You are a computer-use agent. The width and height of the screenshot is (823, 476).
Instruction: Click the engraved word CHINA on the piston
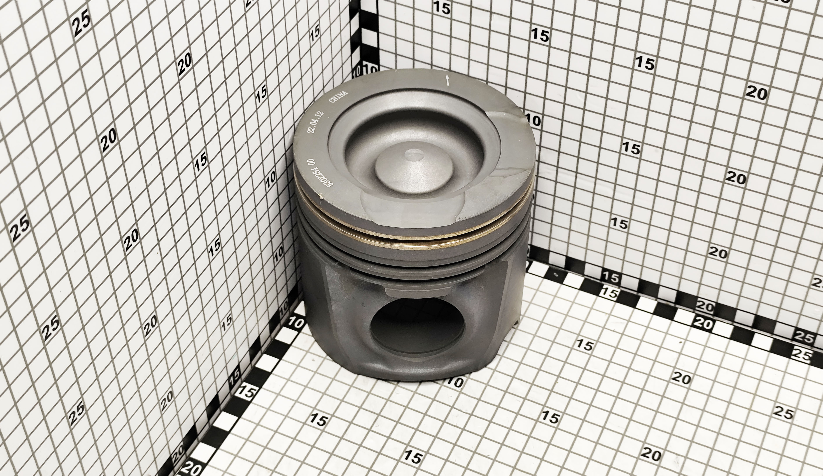338,97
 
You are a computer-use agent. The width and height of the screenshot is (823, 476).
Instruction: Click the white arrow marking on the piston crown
447,80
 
